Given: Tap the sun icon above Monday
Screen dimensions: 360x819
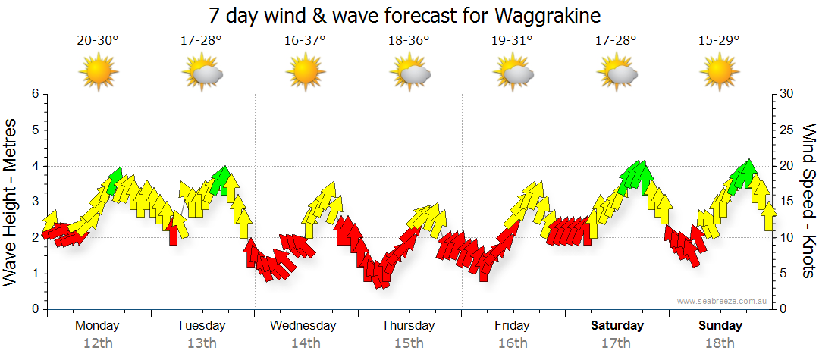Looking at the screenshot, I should pos(98,73).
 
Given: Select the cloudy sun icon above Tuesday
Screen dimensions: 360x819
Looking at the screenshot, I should pos(202,73).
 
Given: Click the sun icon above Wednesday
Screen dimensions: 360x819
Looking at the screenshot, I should pos(305,73).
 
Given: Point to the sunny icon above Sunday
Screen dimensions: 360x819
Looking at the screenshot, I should pos(720,73).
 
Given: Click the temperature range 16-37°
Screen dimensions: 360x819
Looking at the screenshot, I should pos(305,41).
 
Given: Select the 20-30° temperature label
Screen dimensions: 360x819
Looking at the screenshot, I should pos(98,41).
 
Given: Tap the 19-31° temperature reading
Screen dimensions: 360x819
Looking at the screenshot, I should pos(513,41).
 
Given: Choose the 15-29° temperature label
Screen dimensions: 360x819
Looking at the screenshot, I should pos(720,41).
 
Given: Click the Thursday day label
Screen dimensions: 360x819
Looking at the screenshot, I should pos(408,326).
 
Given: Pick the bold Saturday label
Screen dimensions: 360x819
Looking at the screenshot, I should pos(617,326).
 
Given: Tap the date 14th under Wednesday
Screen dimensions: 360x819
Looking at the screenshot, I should pos(305,343).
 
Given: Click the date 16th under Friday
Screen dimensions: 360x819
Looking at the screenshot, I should pos(513,343).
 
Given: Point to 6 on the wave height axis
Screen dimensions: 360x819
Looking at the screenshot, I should pos(34,94).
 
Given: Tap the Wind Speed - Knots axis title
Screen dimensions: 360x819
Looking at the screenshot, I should pos(808,202).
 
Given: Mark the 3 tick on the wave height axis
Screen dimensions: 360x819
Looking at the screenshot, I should pos(34,202).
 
